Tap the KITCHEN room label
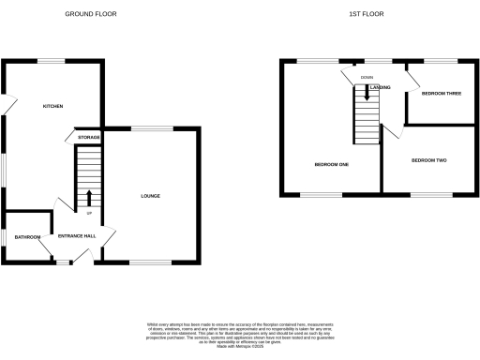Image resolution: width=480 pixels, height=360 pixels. click(x=53, y=106)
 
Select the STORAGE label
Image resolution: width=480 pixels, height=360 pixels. click(x=89, y=138)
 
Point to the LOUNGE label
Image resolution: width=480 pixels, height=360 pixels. click(x=150, y=196)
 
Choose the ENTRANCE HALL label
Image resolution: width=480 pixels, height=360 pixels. click(x=78, y=236)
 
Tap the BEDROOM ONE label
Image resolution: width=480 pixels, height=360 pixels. click(x=331, y=165)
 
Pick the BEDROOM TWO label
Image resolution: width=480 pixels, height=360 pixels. click(x=428, y=160)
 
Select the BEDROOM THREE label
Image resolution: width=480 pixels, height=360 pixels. click(x=441, y=94)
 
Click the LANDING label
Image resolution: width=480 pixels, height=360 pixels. click(x=380, y=87)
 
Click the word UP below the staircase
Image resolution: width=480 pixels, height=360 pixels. click(x=89, y=213)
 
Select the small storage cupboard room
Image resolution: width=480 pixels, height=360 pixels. click(x=87, y=140)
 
